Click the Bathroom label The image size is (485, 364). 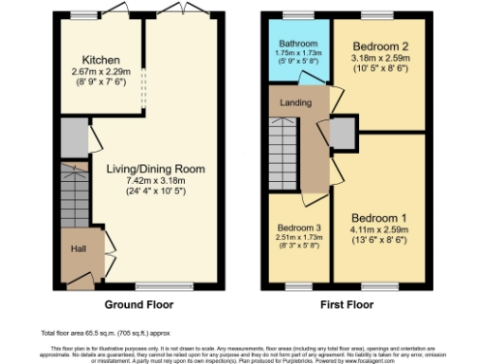[298, 43]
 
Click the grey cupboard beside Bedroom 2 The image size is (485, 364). [343, 132]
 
